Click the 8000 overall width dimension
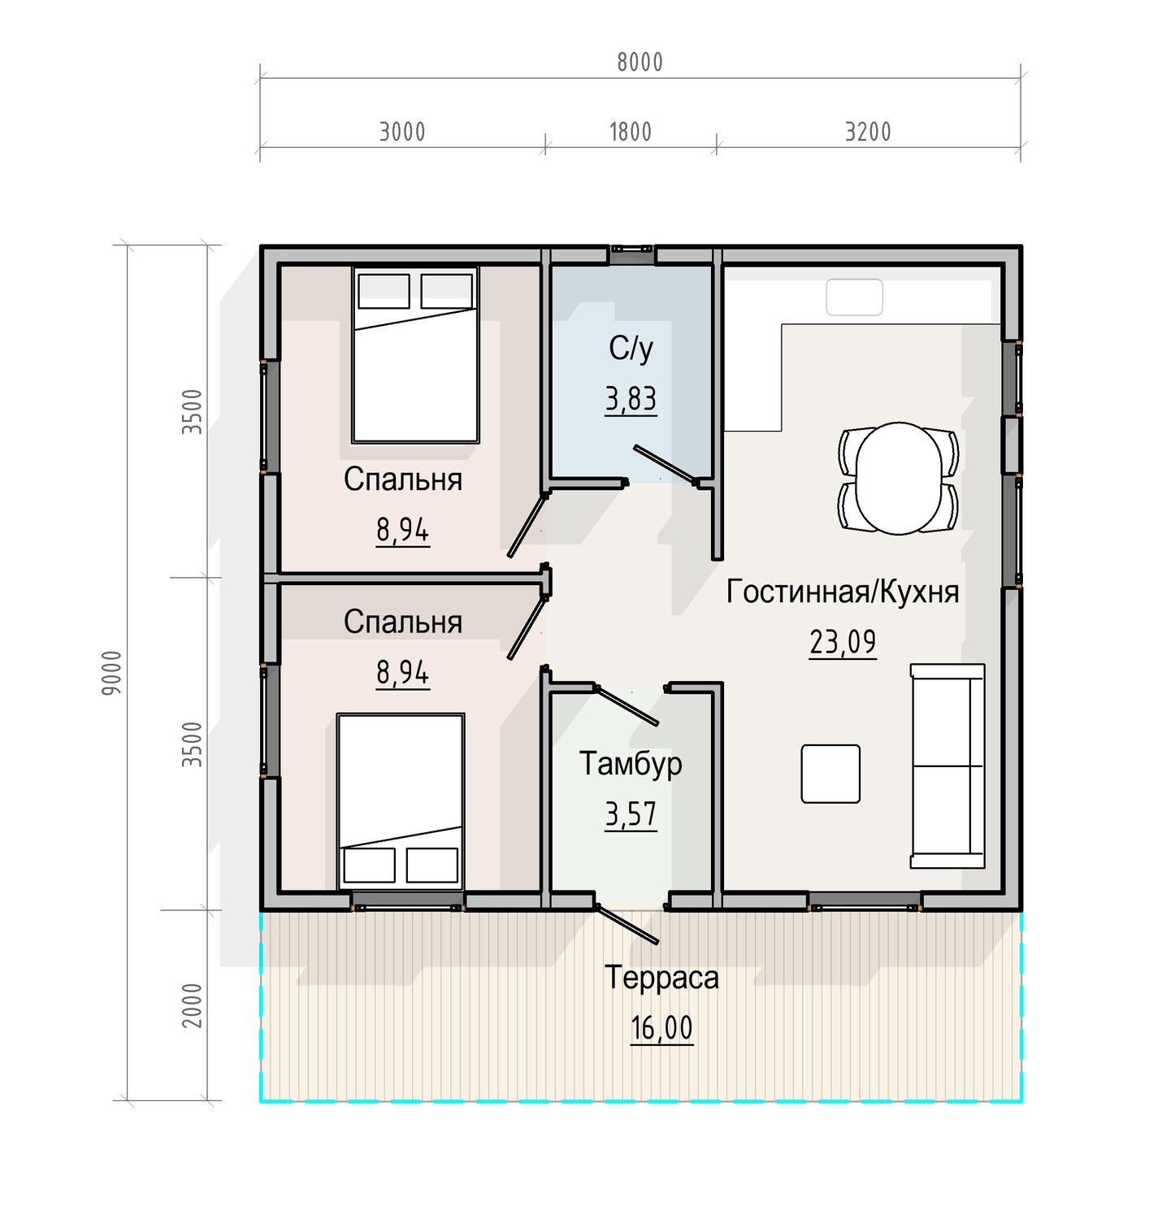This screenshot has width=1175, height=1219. tap(640, 63)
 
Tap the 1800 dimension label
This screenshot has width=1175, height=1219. tap(631, 132)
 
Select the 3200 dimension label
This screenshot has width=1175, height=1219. tap(868, 132)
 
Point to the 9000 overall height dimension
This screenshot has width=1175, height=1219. tap(112, 672)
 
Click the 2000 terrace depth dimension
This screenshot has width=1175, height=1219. tap(192, 1005)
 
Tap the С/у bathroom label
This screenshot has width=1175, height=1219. tap(631, 349)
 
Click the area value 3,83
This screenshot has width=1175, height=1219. tap(631, 400)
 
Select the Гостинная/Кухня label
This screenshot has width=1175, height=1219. tap(843, 592)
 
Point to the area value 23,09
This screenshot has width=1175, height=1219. tap(843, 643)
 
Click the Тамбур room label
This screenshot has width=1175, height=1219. tap(631, 764)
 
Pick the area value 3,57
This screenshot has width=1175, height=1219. tap(631, 814)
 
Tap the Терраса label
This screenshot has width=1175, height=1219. tap(661, 978)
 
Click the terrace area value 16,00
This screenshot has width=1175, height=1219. tap(661, 1029)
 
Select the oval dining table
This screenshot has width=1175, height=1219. tap(899, 478)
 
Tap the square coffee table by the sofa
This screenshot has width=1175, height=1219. tap(830, 774)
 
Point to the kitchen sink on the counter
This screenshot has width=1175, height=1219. tap(854, 297)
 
